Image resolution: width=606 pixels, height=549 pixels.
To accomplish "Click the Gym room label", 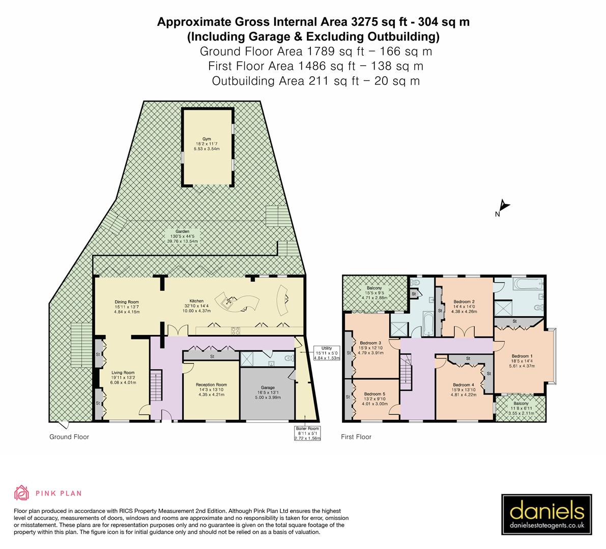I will [207, 142].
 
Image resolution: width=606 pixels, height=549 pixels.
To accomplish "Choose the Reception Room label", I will [211, 389].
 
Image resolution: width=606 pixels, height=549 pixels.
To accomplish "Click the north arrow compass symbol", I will [503, 208].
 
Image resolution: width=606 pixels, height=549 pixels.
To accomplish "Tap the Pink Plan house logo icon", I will [22, 493].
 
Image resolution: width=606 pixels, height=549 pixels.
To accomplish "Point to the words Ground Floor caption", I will [69, 437].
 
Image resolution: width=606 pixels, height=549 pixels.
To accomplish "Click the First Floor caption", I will [356, 437].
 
